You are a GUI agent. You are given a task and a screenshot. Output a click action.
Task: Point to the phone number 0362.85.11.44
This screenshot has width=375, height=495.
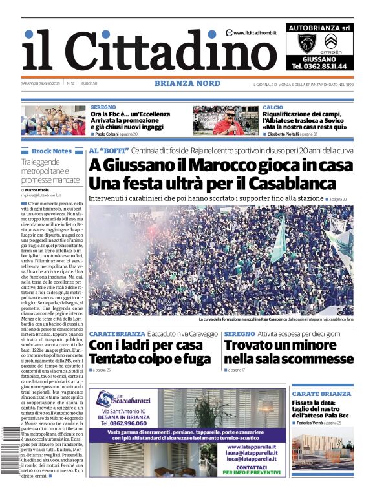[x=319, y=66]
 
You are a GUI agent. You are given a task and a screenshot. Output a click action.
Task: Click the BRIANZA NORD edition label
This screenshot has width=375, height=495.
[x=187, y=83]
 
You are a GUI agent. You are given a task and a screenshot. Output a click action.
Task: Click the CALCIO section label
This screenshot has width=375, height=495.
[x=273, y=107]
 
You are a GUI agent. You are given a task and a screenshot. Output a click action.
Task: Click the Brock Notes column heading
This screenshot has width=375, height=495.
[x=51, y=151]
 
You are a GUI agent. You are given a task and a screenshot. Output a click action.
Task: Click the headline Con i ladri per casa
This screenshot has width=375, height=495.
[x=145, y=345]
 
